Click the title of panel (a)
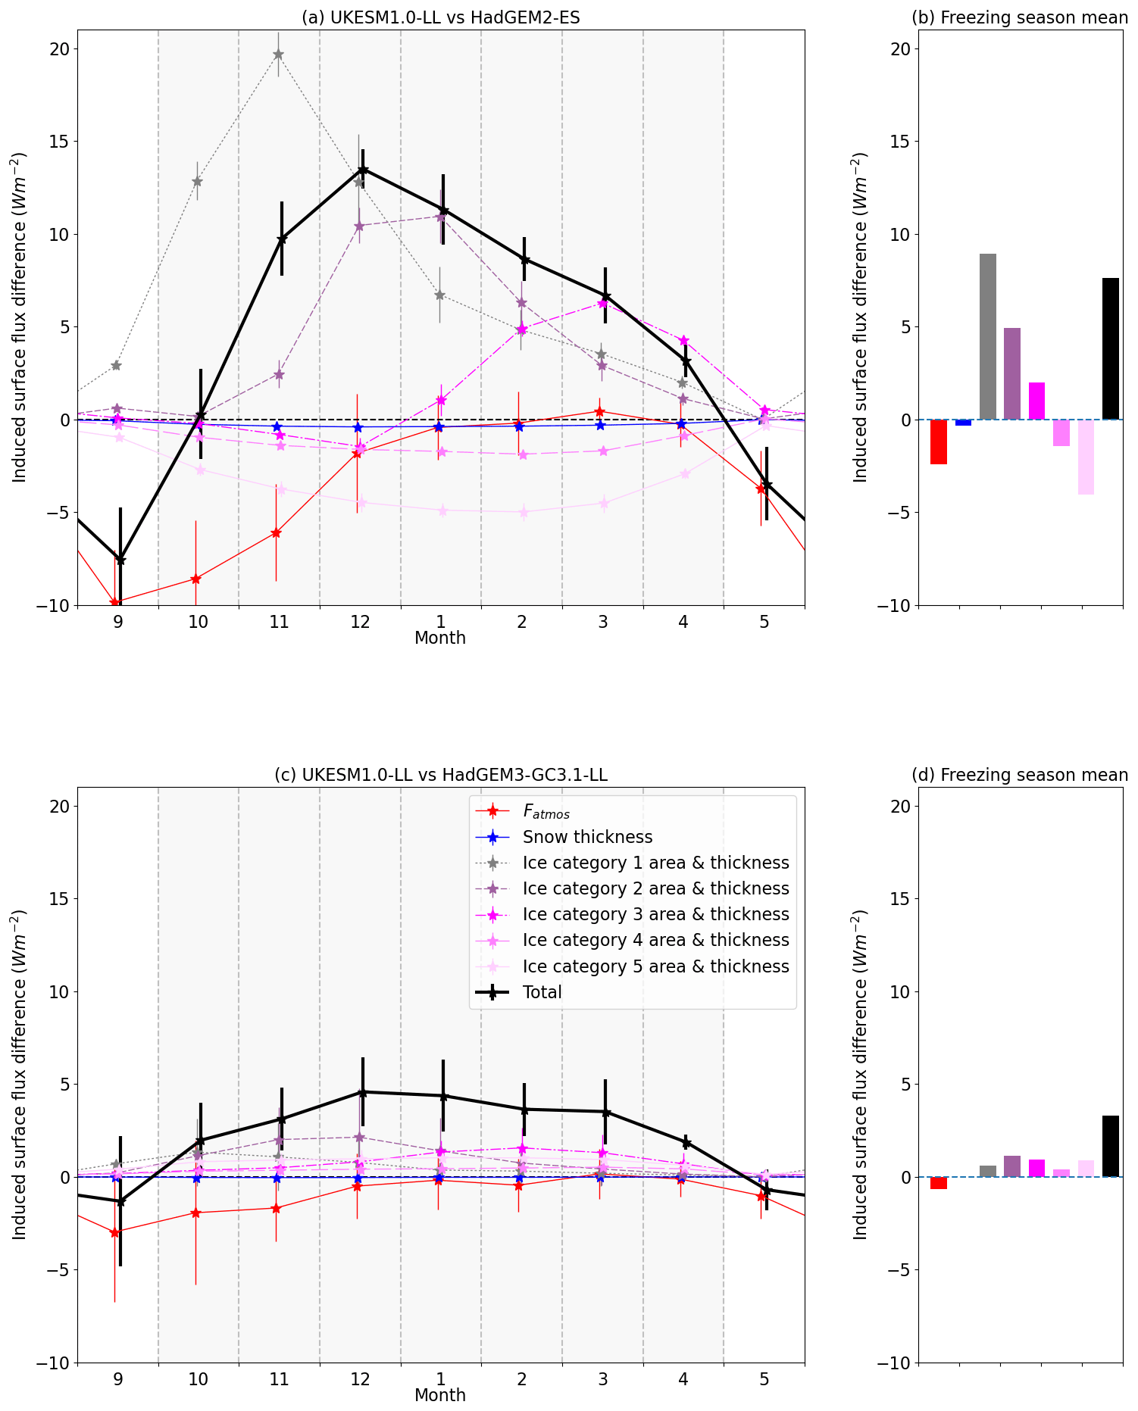click(x=440, y=17)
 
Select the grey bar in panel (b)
click(x=987, y=336)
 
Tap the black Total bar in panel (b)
click(x=1110, y=348)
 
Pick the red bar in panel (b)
click(x=938, y=442)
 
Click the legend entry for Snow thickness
click(x=587, y=837)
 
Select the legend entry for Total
click(x=542, y=992)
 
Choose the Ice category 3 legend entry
click(x=655, y=914)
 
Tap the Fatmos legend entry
click(x=546, y=811)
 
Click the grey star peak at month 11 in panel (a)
click(x=278, y=55)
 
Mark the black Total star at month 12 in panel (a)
click(x=363, y=170)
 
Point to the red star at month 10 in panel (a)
click(x=195, y=579)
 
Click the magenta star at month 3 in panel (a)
click(x=602, y=303)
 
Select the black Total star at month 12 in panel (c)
click(x=363, y=1092)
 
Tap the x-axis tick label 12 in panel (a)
click(x=360, y=622)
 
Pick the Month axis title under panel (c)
click(x=440, y=1394)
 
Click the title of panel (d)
click(x=1019, y=775)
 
